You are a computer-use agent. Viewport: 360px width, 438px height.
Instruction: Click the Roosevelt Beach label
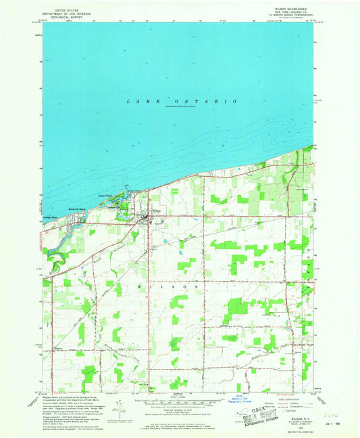tap(80, 209)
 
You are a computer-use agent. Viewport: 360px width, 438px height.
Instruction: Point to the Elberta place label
tap(57, 348)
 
